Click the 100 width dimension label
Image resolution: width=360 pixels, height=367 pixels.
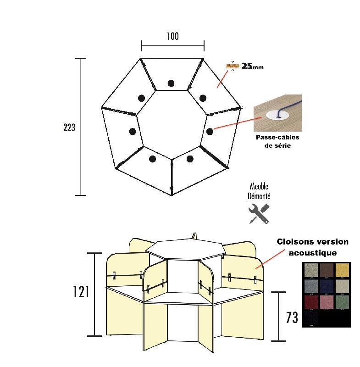(x=172, y=36)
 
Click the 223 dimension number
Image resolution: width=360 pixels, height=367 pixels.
(x=69, y=128)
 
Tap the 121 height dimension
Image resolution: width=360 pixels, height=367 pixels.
(x=80, y=292)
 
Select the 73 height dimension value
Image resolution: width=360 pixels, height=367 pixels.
(x=292, y=317)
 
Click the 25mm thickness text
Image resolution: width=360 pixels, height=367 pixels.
(x=252, y=67)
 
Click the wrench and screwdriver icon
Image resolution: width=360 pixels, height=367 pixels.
(x=259, y=214)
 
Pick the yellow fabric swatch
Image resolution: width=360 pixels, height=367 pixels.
(x=342, y=270)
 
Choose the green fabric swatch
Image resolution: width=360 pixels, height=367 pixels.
(x=342, y=302)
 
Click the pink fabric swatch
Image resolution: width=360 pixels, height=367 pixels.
(x=327, y=302)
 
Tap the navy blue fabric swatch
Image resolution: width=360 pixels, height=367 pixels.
(x=327, y=286)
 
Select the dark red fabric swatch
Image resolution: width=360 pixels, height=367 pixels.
(x=311, y=302)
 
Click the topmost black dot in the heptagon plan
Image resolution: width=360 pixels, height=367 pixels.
(x=171, y=83)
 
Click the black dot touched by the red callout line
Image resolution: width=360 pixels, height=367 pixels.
(x=210, y=131)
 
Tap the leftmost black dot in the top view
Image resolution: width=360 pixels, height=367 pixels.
(x=133, y=131)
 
